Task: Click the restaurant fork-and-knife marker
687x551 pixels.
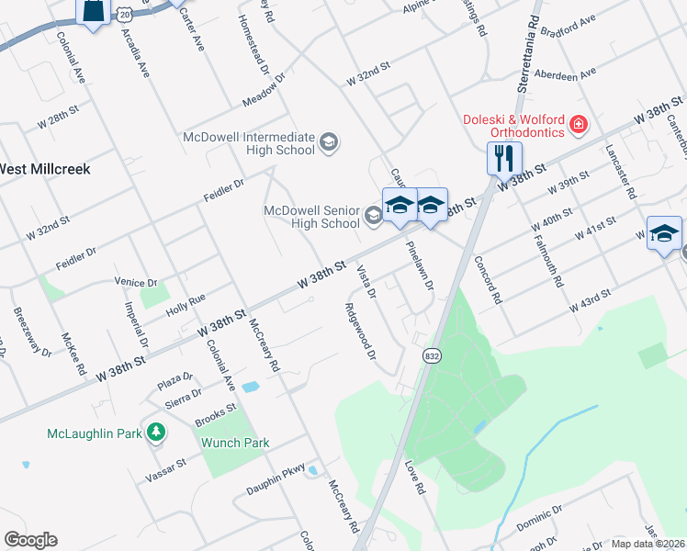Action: [x=504, y=158]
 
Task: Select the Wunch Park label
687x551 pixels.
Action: [x=235, y=443]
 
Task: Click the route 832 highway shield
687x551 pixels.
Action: [x=430, y=354]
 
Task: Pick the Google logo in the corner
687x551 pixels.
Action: [x=30, y=540]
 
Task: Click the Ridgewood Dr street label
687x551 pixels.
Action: [x=359, y=331]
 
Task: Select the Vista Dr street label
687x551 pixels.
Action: [x=366, y=281]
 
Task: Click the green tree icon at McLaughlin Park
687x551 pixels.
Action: [x=157, y=431]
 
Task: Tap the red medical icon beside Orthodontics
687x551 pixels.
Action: [x=579, y=123]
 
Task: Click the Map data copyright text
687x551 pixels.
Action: [x=648, y=543]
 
